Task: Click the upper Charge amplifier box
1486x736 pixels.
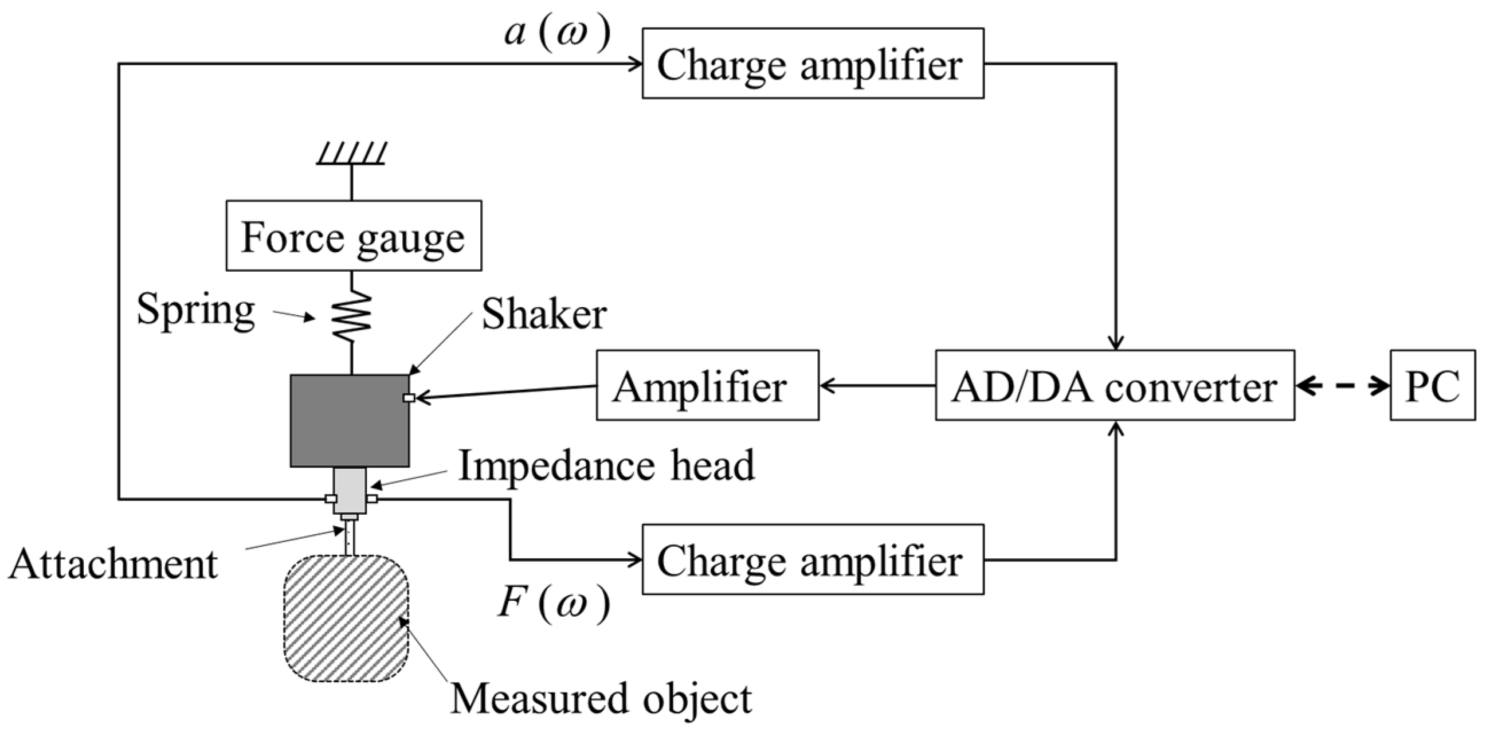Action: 812,64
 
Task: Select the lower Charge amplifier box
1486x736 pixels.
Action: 812,559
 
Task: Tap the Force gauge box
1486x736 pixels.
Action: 353,236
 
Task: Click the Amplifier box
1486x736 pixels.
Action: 707,385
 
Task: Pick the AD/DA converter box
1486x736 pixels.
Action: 1114,385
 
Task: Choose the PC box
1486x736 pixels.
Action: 1432,385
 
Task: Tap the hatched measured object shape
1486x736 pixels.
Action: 346,618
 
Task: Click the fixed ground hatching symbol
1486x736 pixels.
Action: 351,154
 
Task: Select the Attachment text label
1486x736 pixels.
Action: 113,564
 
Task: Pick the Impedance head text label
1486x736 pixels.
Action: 606,466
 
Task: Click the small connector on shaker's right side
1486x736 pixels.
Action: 409,397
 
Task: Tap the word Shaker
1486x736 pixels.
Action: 543,315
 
